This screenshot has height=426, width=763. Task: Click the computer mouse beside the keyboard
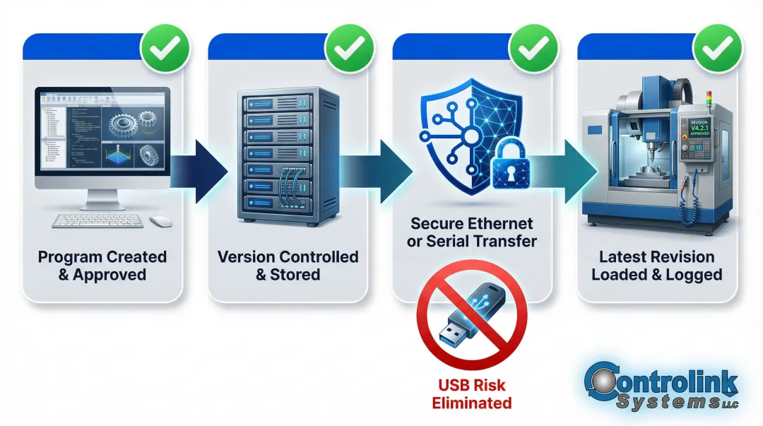click(161, 221)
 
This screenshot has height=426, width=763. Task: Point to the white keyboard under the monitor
click(97, 220)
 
